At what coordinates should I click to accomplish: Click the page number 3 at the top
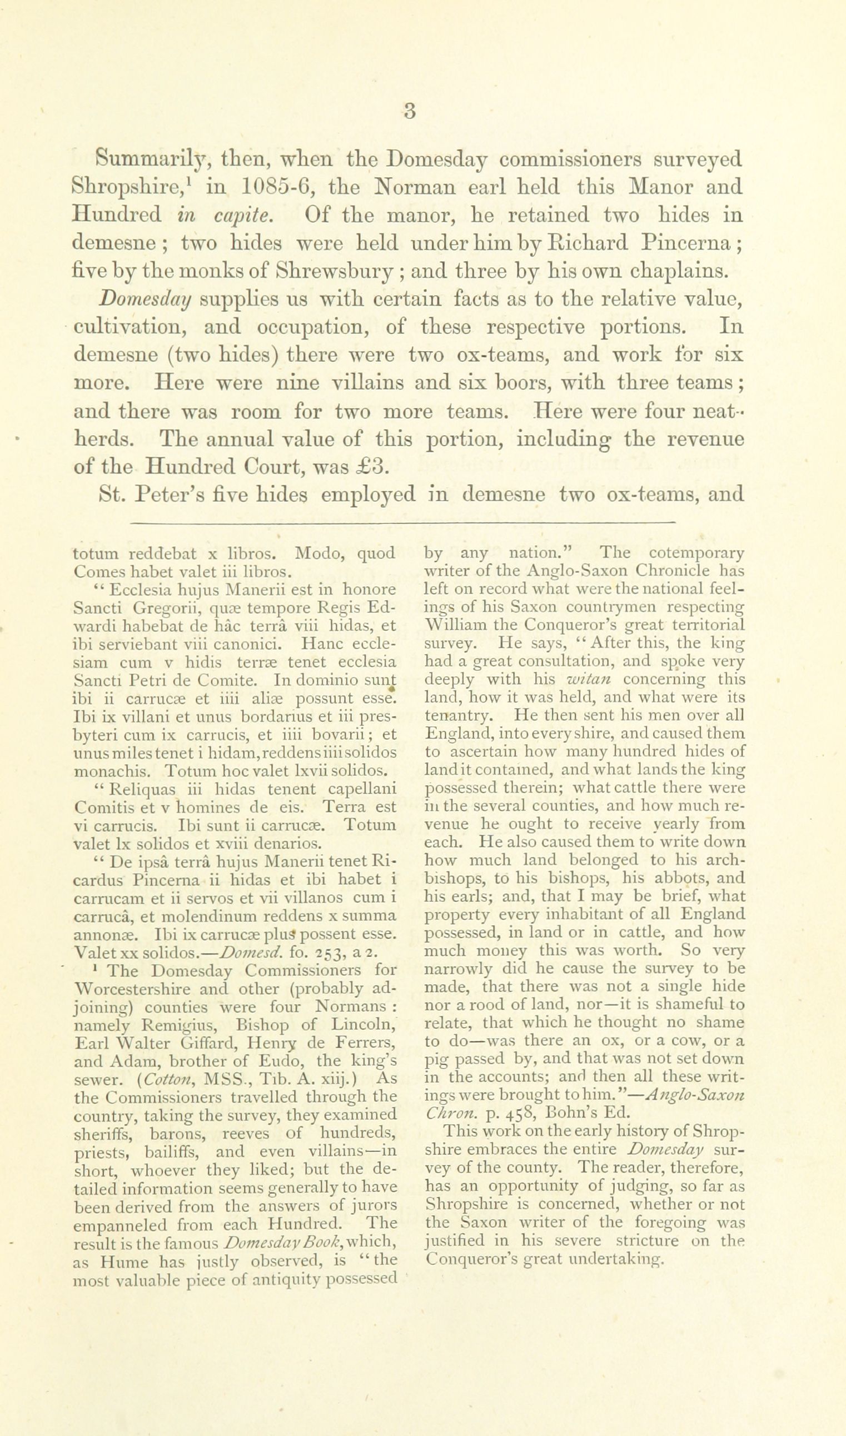pyautogui.click(x=409, y=111)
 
